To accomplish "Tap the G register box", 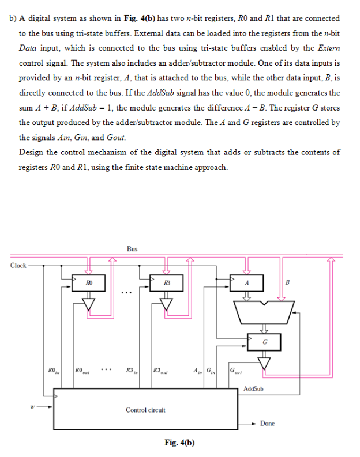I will pyautogui.click(x=264, y=343).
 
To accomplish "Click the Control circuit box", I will pyautogui.click(x=146, y=410).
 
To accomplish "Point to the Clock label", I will pyautogui.click(x=18, y=265).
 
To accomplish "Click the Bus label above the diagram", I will pyautogui.click(x=132, y=249).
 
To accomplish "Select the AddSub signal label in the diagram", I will pyautogui.click(x=254, y=389).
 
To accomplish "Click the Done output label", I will pyautogui.click(x=267, y=424).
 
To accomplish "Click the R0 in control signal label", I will pyautogui.click(x=54, y=369).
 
